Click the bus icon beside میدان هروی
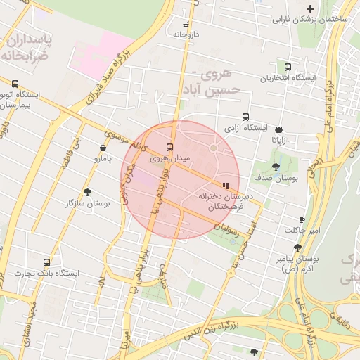pyautogui.click(x=169, y=147)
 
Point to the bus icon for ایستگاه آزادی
pyautogui.click(x=245, y=117)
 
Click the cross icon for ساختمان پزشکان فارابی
pyautogui.click(x=310, y=8)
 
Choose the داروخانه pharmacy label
pyautogui.click(x=187, y=34)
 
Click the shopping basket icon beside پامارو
pyautogui.click(x=104, y=148)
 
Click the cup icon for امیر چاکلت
pyautogui.click(x=302, y=219)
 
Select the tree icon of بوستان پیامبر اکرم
pyautogui.click(x=298, y=247)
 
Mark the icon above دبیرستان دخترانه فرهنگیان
pyautogui.click(x=225, y=186)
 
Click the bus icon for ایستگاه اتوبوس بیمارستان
pyautogui.click(x=15, y=84)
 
